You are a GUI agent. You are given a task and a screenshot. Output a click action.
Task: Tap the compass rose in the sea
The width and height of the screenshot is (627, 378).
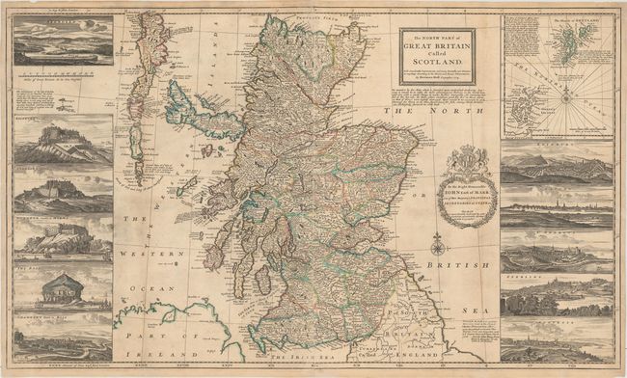439,242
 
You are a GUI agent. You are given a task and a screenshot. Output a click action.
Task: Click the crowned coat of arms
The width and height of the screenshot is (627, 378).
467,159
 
